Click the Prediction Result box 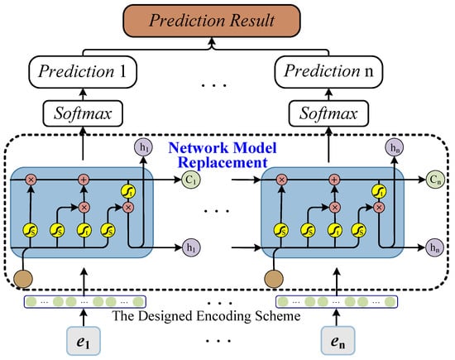[212, 21]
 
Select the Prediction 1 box [83, 72]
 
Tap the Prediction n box [328, 72]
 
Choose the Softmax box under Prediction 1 [83, 113]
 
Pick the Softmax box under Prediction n [328, 113]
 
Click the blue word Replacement [223, 162]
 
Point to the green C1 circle [191, 180]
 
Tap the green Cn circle [435, 180]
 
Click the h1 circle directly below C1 [191, 247]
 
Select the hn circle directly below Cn [434, 247]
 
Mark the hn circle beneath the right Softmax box [394, 147]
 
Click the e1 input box [84, 341]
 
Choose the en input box [338, 341]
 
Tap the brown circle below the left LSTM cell [23, 279]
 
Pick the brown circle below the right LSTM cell [274, 279]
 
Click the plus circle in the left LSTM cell [84, 180]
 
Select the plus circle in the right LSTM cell [334, 180]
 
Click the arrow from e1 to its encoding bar [84, 318]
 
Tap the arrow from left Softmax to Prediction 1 [83, 94]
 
